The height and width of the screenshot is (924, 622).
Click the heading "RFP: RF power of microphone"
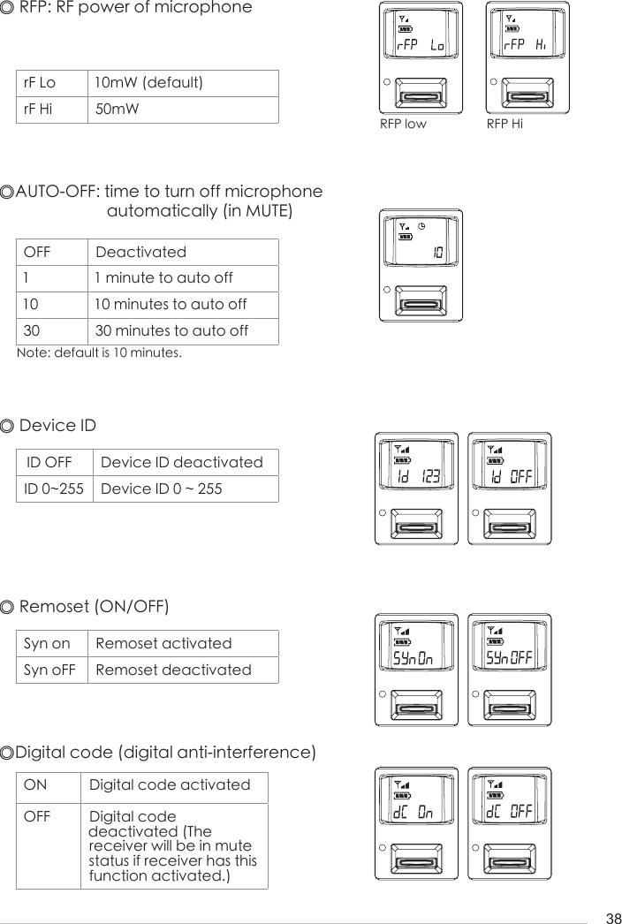click(134, 9)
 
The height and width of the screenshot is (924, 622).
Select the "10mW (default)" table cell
click(148, 83)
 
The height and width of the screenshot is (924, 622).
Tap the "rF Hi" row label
click(39, 110)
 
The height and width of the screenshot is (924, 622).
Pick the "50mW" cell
click(117, 110)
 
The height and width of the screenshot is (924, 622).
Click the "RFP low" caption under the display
click(403, 124)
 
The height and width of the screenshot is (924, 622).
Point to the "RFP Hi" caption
click(504, 124)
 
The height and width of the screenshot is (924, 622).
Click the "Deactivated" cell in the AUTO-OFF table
click(140, 252)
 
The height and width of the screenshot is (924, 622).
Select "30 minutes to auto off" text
click(171, 331)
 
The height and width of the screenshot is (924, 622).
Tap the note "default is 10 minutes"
click(100, 353)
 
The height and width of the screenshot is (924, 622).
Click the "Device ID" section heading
click(57, 426)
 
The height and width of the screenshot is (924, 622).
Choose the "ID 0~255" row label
click(53, 489)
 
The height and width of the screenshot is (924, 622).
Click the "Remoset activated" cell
click(163, 643)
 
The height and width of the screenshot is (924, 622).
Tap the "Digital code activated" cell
click(170, 784)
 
